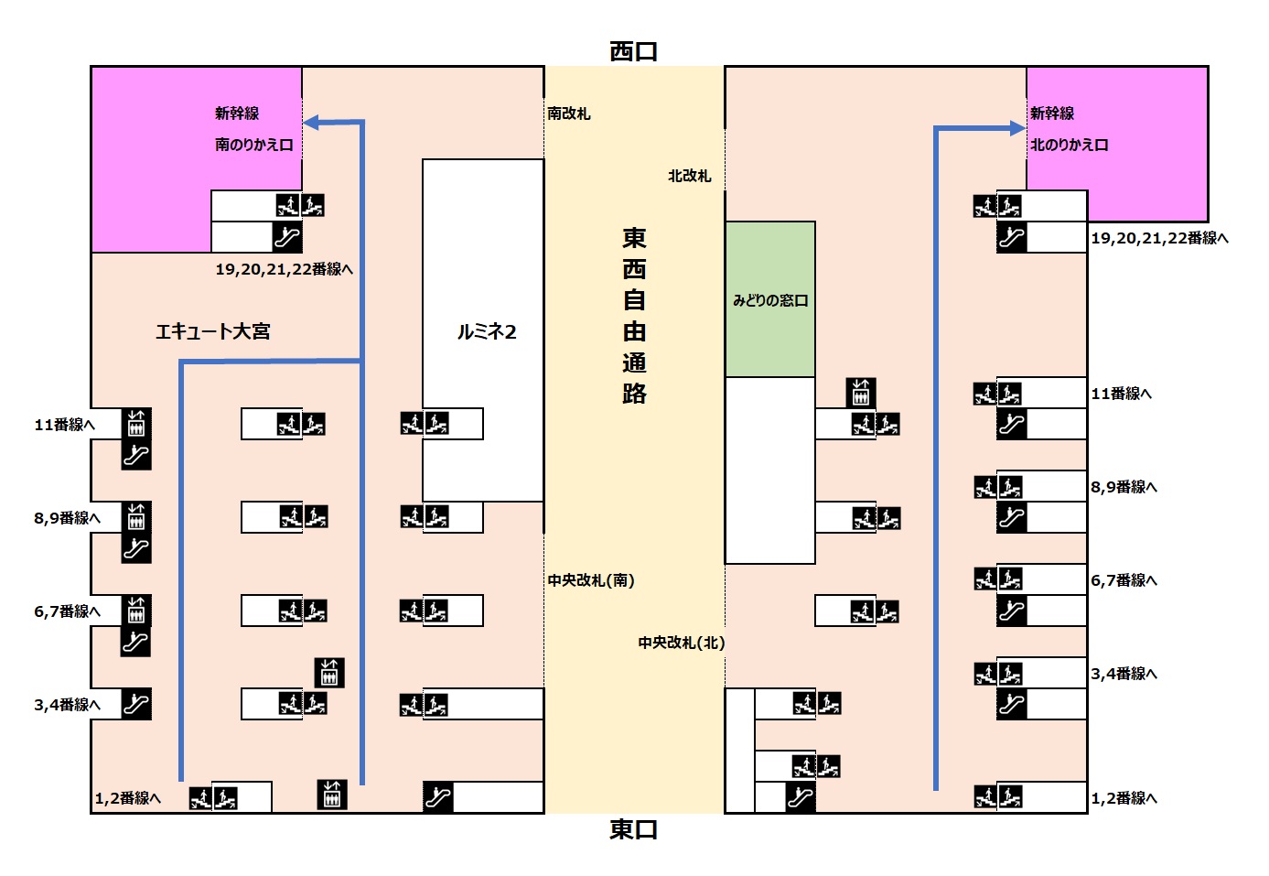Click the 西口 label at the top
[633, 51]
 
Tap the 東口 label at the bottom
[633, 829]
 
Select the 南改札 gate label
[568, 114]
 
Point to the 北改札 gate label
[689, 176]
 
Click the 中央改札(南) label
[590, 580]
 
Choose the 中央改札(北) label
[681, 643]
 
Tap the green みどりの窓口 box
[769, 299]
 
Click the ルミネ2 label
[486, 331]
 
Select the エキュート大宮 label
[212, 331]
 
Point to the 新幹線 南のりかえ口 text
[253, 129]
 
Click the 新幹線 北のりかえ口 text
[1068, 129]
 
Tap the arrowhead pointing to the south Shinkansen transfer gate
[311, 123]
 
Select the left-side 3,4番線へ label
[67, 705]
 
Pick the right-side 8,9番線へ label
[1124, 487]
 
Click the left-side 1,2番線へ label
[127, 798]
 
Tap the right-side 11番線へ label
[1121, 394]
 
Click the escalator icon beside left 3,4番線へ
[136, 704]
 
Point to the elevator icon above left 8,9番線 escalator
[136, 517]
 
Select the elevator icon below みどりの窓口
[860, 393]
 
